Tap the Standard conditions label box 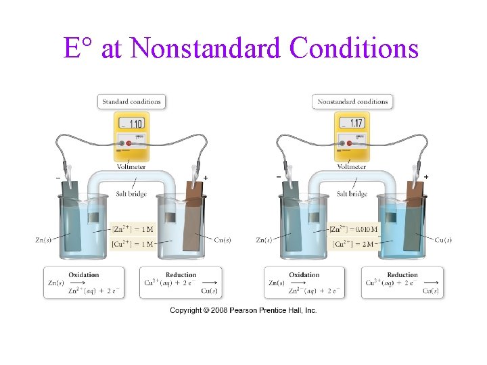click(x=132, y=102)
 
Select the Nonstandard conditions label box click(x=353, y=102)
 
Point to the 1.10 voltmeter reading click(x=133, y=124)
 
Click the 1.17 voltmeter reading click(x=353, y=124)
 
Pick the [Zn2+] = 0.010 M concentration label click(x=354, y=230)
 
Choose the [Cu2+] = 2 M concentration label click(x=352, y=243)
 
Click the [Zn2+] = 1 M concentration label click(x=133, y=230)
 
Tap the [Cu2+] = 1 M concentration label click(x=133, y=243)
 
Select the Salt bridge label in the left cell click(x=131, y=194)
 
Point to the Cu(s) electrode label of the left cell click(x=223, y=239)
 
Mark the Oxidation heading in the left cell click(x=84, y=275)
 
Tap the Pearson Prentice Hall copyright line click(x=243, y=310)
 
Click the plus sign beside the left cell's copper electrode click(x=206, y=177)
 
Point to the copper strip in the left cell click(x=193, y=216)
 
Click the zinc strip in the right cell click(x=292, y=216)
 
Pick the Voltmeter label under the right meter click(x=352, y=167)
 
